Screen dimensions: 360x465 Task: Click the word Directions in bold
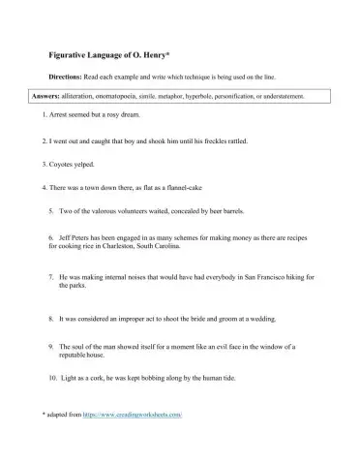(x=67, y=77)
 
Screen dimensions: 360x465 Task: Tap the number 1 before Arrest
(x=45, y=115)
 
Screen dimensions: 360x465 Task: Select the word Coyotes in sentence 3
(x=65, y=164)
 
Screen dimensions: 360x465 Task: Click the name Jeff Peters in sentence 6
(x=75, y=237)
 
